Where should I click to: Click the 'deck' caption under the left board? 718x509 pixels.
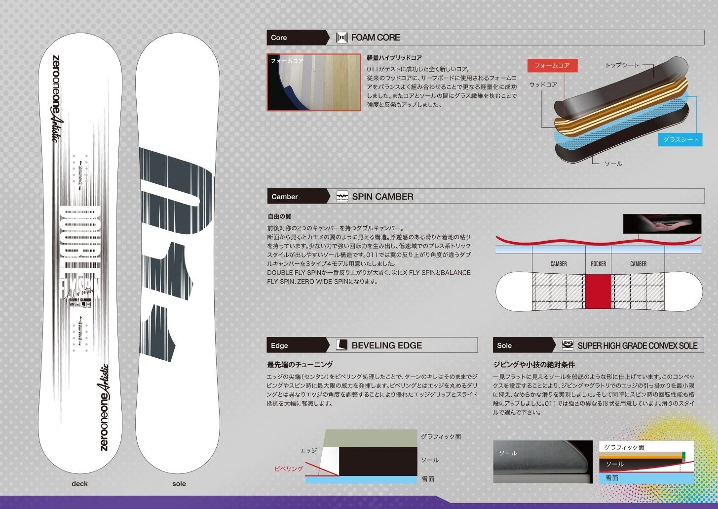point(79,483)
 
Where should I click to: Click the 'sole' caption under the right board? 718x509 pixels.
point(179,483)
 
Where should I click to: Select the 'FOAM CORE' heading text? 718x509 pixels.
point(376,38)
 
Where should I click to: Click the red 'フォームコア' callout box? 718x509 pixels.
point(552,66)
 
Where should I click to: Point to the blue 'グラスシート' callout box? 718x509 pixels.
point(680,139)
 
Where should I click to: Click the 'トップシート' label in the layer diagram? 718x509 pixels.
point(622,65)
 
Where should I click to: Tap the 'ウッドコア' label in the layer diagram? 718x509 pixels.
point(543,85)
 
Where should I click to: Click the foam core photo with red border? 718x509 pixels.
point(314,82)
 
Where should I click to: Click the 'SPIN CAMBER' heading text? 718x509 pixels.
point(382,196)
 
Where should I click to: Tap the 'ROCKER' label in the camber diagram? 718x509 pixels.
point(598,264)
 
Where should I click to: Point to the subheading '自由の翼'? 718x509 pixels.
point(279,216)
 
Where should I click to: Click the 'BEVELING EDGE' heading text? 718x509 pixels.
point(386,345)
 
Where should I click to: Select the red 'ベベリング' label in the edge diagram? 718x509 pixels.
point(289,468)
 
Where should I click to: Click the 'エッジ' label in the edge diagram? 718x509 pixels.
point(308,451)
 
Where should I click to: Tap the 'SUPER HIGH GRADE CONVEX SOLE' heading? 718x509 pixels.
point(637,345)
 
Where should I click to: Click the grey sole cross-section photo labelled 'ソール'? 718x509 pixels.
point(542,462)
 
